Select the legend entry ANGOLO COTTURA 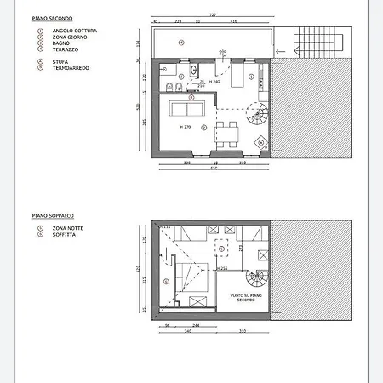coord(66,31)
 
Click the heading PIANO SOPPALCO coord(53,216)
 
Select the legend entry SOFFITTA coord(60,235)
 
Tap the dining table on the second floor coord(226,130)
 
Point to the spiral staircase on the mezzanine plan coord(256,280)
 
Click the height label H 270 coord(186,127)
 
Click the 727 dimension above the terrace coord(213,16)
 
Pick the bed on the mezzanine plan coord(192,281)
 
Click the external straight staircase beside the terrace coord(314,41)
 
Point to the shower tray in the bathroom coord(167,69)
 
